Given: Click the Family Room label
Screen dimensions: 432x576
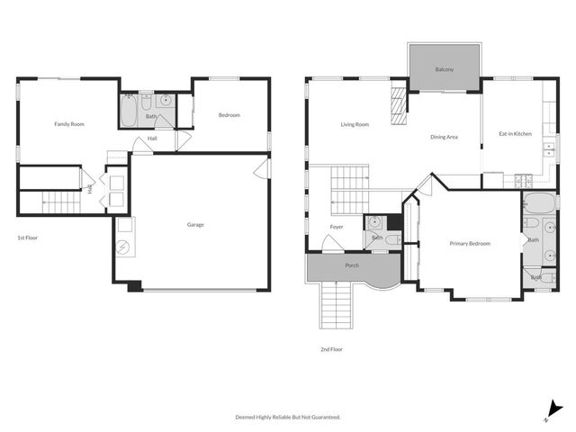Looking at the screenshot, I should [x=68, y=124].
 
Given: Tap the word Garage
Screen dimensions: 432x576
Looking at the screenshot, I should [x=195, y=224].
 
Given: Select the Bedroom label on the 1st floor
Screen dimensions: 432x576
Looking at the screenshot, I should [x=229, y=115].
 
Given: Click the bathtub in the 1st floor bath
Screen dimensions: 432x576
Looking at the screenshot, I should [x=129, y=112].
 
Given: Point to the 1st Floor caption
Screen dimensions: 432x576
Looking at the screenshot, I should [x=27, y=238].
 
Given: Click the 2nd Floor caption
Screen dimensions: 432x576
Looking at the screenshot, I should [x=331, y=349].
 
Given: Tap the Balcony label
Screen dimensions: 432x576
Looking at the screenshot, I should [x=444, y=69].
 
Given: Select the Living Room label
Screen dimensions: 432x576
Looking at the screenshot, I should [x=355, y=124].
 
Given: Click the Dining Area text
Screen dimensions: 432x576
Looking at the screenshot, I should [x=445, y=137].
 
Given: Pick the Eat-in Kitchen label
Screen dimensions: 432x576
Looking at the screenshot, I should [x=515, y=134].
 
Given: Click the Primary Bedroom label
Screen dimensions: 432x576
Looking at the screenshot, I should [x=470, y=243].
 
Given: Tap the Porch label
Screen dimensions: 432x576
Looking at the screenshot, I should [x=353, y=266].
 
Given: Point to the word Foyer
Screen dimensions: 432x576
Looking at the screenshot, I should [x=337, y=227].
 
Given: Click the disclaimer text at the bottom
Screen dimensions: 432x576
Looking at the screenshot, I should [x=288, y=418].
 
